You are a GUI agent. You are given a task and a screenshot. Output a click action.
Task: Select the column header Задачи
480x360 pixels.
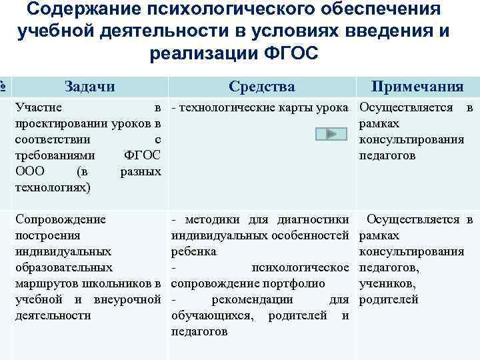pos(89,86)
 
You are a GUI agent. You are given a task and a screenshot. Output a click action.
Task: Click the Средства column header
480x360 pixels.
pos(261,86)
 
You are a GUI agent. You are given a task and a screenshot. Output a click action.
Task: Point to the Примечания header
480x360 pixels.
pos(417,86)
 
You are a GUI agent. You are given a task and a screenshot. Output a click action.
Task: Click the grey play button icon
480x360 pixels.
pos(331,135)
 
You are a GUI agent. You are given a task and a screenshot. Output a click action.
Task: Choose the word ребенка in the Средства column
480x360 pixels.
pos(193,251)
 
